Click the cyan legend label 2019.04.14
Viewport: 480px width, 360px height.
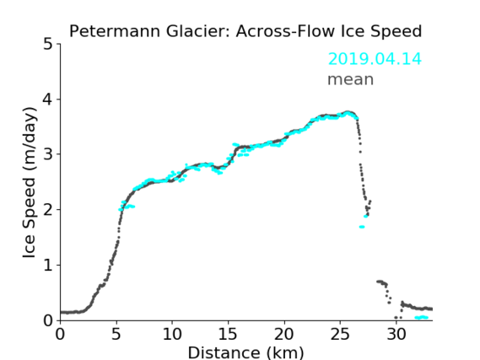coord(375,59)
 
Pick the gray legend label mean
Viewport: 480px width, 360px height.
coord(351,79)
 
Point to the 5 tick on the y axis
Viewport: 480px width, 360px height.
coord(48,45)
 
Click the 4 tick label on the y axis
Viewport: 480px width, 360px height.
coord(48,99)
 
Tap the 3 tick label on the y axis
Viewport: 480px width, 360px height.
coord(48,154)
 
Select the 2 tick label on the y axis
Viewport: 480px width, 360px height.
coord(48,210)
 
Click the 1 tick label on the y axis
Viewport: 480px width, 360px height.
coord(48,265)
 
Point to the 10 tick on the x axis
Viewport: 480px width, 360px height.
coord(172,334)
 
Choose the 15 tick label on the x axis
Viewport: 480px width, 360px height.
coord(228,334)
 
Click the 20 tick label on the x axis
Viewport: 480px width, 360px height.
coord(284,334)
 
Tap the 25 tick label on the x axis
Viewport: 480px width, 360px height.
coord(340,334)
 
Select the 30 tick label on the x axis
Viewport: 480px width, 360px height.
coord(396,334)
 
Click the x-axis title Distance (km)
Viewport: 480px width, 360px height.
coord(245,352)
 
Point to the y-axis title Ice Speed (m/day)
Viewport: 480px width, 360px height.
coord(30,183)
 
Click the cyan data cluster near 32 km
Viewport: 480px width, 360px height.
coord(422,318)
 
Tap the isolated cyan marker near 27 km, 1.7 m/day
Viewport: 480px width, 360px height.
coord(362,227)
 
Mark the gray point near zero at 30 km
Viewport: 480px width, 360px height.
coord(396,318)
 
